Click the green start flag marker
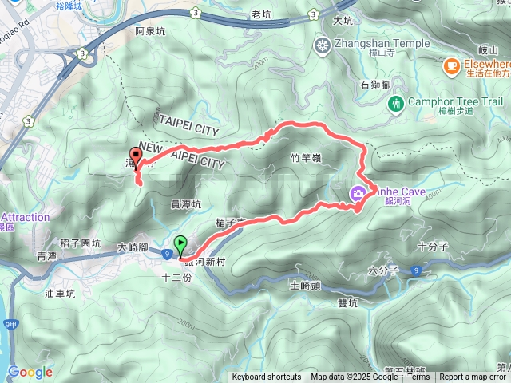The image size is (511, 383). (x=181, y=244)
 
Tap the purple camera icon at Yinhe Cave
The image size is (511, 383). (x=358, y=193)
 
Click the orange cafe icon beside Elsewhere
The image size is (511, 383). (x=452, y=64)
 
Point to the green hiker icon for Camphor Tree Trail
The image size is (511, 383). (x=394, y=103)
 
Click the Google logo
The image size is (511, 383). (x=30, y=372)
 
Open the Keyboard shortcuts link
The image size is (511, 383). (x=267, y=377)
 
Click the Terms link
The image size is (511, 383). (x=418, y=377)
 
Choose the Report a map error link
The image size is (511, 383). (x=474, y=377)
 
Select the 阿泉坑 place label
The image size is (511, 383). (x=150, y=32)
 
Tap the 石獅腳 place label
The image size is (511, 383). (x=374, y=84)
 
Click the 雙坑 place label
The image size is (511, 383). (x=348, y=302)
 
